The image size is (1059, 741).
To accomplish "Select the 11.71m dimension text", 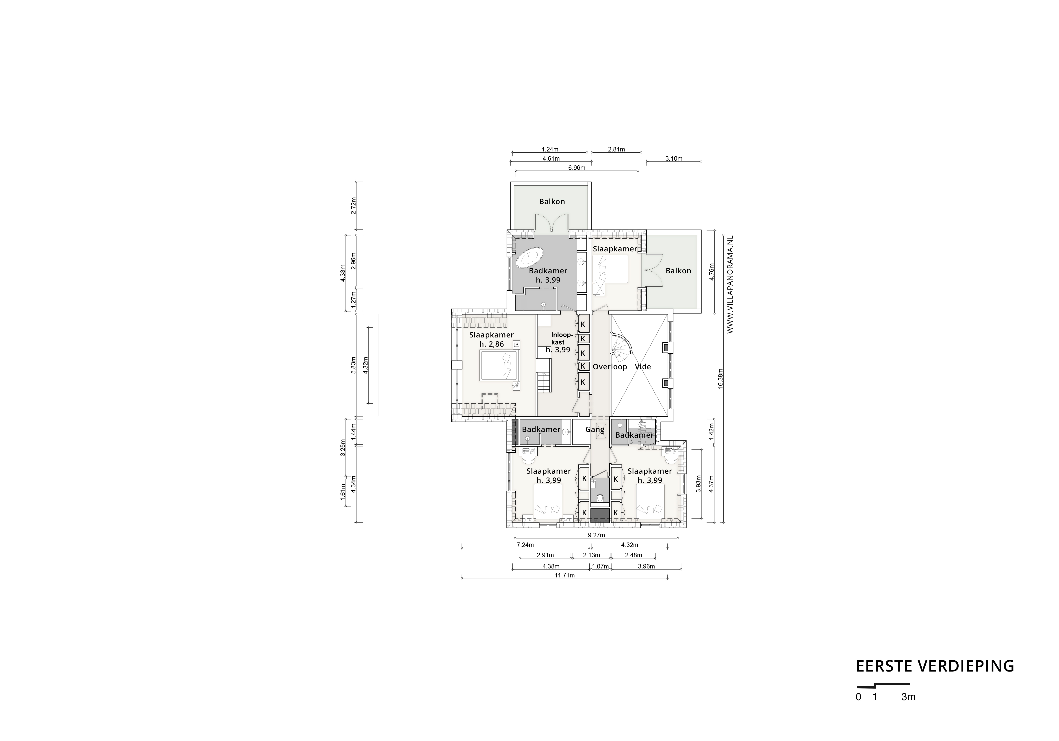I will point(564,575).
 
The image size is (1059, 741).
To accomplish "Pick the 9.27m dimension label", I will point(596,535).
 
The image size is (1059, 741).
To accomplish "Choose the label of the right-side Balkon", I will point(678,271).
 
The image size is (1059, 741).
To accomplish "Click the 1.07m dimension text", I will point(600,566).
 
